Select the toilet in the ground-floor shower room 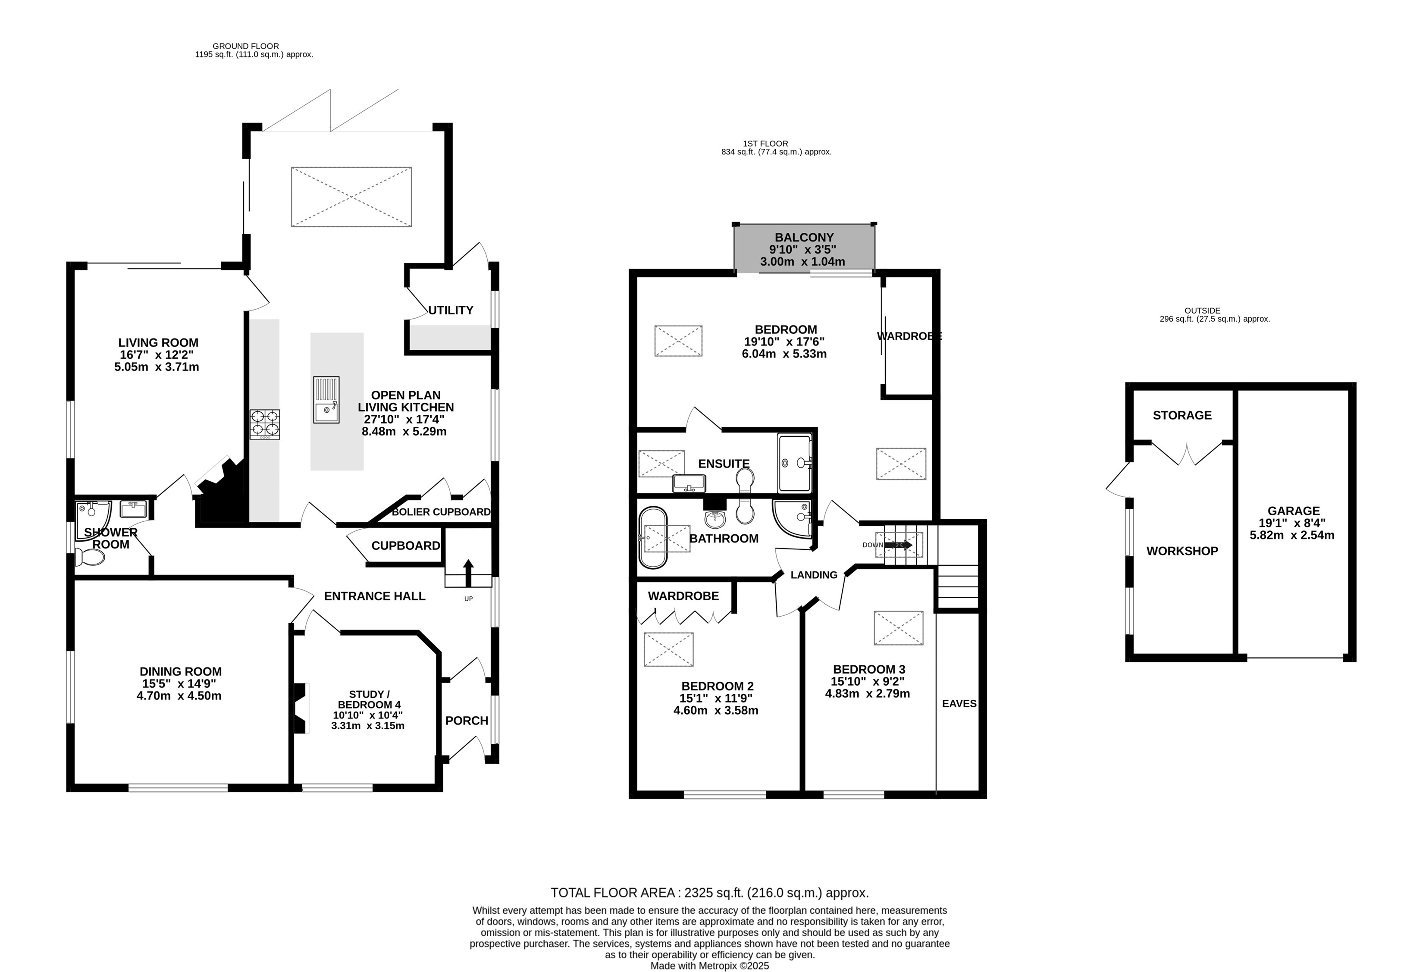pyautogui.click(x=89, y=557)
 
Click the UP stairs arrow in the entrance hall pyautogui.click(x=468, y=573)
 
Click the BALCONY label pyautogui.click(x=804, y=238)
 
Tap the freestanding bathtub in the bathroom pyautogui.click(x=653, y=538)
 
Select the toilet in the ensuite pyautogui.click(x=745, y=480)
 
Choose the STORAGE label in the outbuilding pyautogui.click(x=1182, y=415)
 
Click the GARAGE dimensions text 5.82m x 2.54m pyautogui.click(x=1292, y=535)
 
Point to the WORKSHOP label pyautogui.click(x=1182, y=551)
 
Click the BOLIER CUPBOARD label pyautogui.click(x=441, y=512)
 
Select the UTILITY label pyautogui.click(x=451, y=310)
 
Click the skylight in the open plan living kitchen pyautogui.click(x=351, y=197)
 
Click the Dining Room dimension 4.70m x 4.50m pyautogui.click(x=179, y=696)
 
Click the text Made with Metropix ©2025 pyautogui.click(x=710, y=966)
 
